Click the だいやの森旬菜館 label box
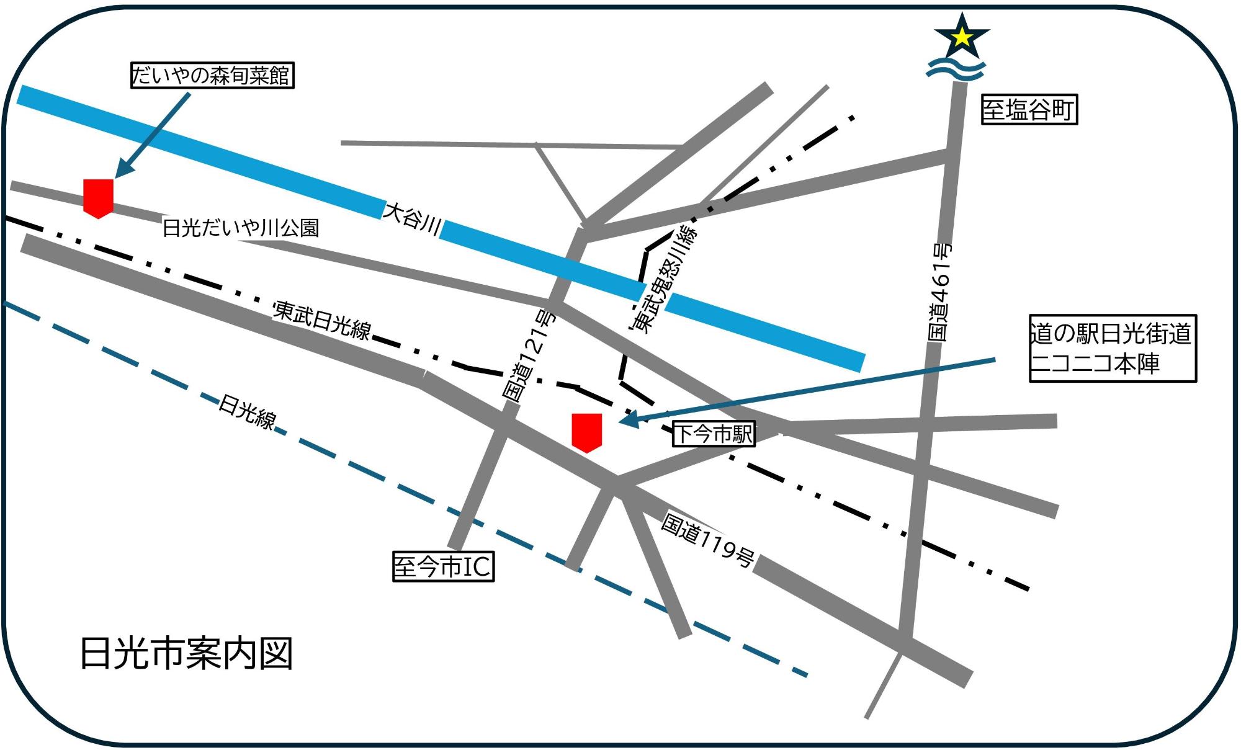point(212,76)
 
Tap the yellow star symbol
point(961,38)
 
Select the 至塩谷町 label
point(1029,110)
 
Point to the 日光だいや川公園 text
point(240,228)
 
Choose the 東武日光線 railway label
point(322,320)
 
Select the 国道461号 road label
point(939,292)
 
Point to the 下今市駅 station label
point(714,434)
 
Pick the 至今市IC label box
point(443,566)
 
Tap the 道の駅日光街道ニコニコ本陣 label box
point(1112,348)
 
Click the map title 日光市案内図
point(186,653)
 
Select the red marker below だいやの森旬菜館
point(99,198)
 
